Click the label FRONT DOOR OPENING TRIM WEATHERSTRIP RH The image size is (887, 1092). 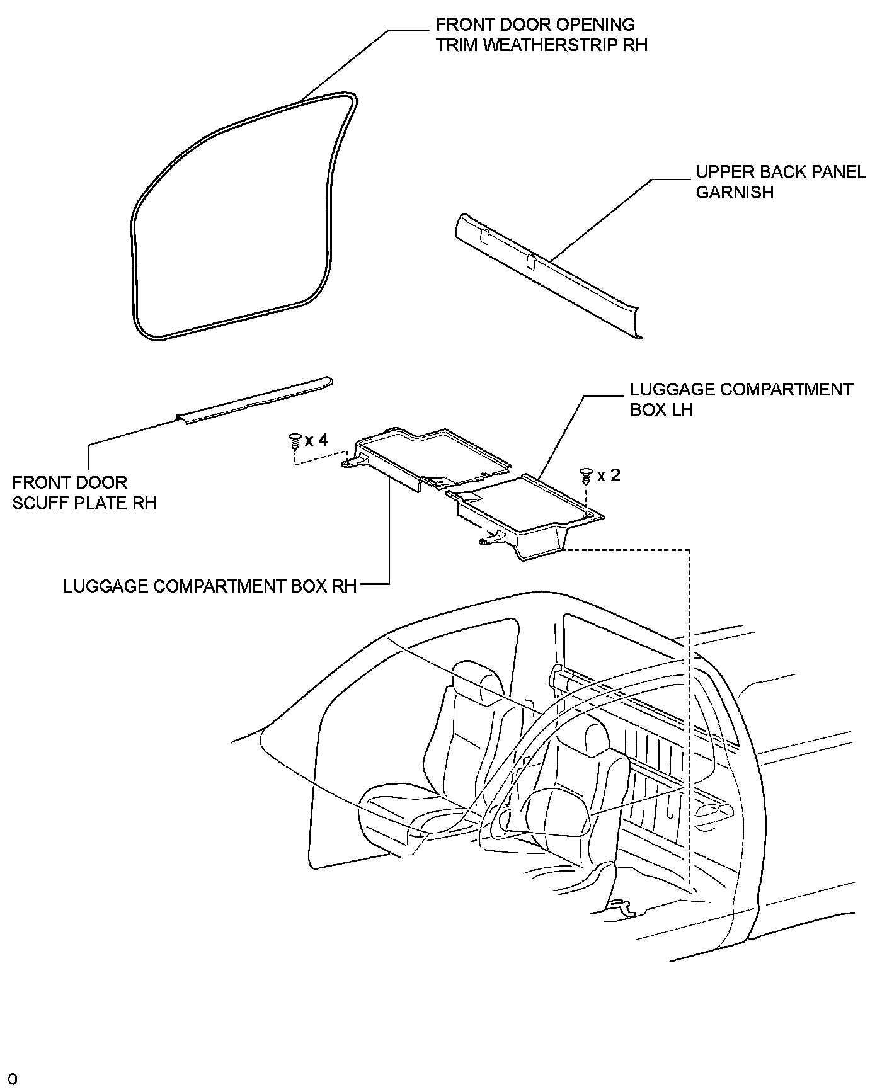(541, 35)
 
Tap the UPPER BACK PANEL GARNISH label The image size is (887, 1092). (781, 182)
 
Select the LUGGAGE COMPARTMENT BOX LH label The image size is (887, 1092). (741, 399)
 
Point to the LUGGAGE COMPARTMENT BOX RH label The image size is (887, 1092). (210, 586)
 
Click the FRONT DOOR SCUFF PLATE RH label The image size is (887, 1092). (84, 492)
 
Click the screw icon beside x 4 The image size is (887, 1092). (294, 440)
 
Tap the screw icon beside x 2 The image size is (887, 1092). (586, 475)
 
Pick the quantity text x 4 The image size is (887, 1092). (316, 440)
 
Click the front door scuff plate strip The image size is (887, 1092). (255, 401)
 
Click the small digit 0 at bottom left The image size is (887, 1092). (13, 1079)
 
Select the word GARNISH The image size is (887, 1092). (735, 192)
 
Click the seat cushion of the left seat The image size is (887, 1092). (403, 812)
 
